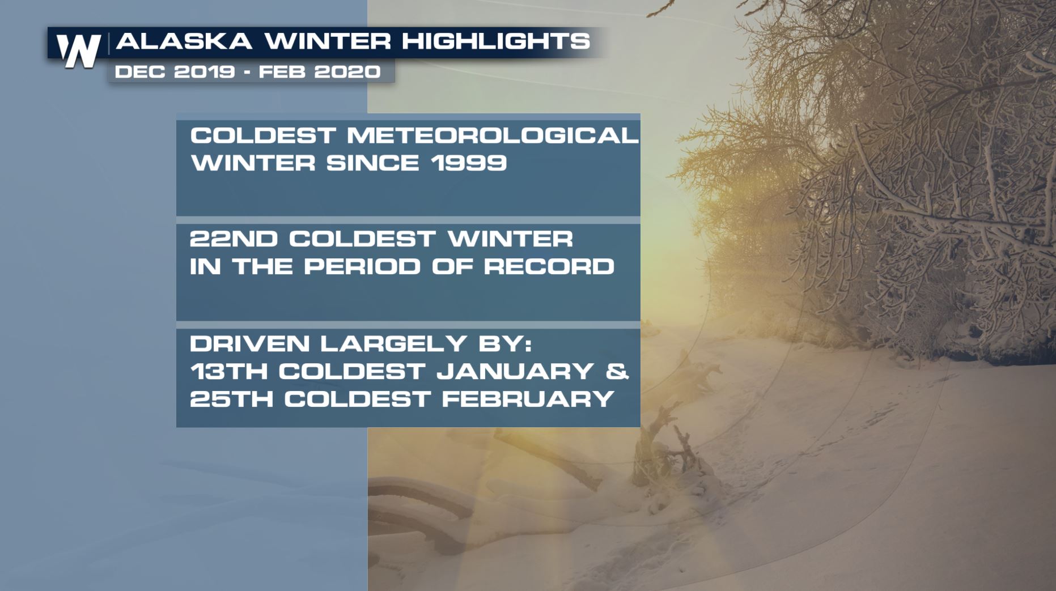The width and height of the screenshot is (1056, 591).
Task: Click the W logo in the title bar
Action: pos(79,51)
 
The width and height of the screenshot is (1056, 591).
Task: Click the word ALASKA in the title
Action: pos(184,41)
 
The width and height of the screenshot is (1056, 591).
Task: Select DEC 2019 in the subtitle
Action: pos(175,72)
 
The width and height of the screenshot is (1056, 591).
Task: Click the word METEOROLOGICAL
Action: pos(493,135)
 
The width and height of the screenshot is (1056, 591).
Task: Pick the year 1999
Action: pos(468,163)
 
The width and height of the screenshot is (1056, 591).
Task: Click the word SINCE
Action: pos(372,163)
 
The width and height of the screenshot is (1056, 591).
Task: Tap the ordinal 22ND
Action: pos(234,239)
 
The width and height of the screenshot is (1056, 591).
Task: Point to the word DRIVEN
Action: pos(250,343)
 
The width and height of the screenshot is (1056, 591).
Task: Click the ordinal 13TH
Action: pos(230,371)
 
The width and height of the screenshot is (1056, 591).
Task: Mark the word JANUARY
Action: pos(515,371)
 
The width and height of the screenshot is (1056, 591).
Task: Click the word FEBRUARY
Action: pos(528,399)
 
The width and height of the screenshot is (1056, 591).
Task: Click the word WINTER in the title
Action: pos(328,41)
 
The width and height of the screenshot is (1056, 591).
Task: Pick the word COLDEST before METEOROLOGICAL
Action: pos(264,135)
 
